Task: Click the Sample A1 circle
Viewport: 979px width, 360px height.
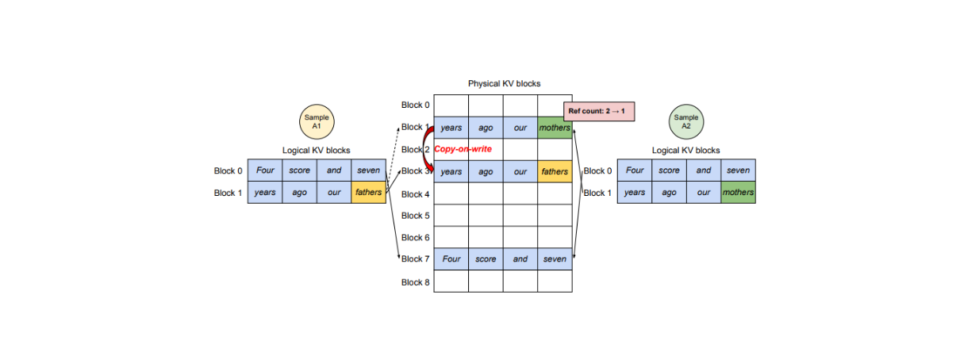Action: point(317,122)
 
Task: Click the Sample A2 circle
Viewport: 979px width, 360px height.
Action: point(685,122)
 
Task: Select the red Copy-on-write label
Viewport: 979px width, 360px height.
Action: point(463,149)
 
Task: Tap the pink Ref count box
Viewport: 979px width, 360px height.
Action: point(600,112)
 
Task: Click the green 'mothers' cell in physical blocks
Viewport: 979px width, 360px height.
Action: point(555,128)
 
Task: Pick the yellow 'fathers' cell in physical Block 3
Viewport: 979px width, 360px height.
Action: point(555,172)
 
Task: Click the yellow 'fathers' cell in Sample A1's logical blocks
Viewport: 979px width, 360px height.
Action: point(368,193)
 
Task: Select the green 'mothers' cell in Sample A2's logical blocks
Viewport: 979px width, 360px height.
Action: point(738,193)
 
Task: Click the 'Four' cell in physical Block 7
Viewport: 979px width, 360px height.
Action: point(451,259)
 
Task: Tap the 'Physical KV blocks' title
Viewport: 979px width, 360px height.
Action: point(504,83)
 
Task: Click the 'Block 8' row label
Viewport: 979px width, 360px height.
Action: point(416,281)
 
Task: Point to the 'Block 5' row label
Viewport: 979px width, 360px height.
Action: point(416,216)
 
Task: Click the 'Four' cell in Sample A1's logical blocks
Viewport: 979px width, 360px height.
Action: point(265,170)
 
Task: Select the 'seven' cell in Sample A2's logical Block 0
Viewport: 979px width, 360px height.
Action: point(738,170)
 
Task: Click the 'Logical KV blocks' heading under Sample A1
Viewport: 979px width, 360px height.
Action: point(317,150)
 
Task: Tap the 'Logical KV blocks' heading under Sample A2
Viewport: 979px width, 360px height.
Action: point(685,150)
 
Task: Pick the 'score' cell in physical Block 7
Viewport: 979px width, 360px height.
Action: point(486,259)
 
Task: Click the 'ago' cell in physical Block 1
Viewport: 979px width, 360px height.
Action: point(486,128)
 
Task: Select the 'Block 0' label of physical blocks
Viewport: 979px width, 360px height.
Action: point(416,105)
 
